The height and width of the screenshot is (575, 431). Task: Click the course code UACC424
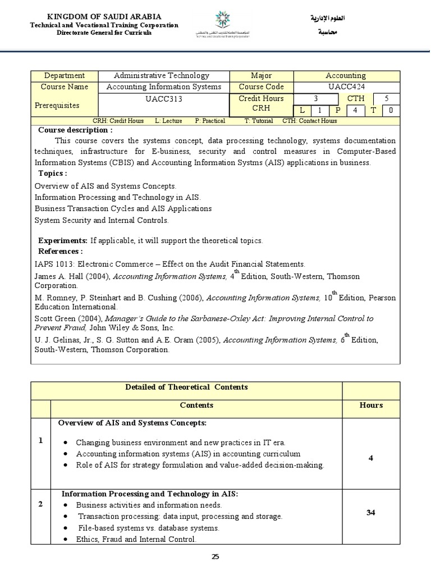point(346,87)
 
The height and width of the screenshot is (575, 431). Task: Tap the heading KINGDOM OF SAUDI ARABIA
point(104,17)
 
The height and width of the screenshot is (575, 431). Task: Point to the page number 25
point(215,556)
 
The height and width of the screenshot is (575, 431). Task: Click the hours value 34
point(370,513)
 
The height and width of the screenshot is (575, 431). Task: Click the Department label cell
point(64,76)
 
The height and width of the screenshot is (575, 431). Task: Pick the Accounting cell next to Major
point(346,76)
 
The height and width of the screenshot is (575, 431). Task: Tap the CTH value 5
point(386,99)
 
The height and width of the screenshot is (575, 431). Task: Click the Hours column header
point(370,405)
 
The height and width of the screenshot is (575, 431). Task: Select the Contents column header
point(196,405)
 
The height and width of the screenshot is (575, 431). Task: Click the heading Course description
point(75,130)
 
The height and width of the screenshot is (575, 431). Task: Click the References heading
point(60,251)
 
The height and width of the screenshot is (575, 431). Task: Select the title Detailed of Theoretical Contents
point(186,387)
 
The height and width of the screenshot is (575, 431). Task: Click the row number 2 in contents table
point(40,504)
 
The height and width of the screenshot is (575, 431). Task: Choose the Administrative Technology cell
point(161,76)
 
